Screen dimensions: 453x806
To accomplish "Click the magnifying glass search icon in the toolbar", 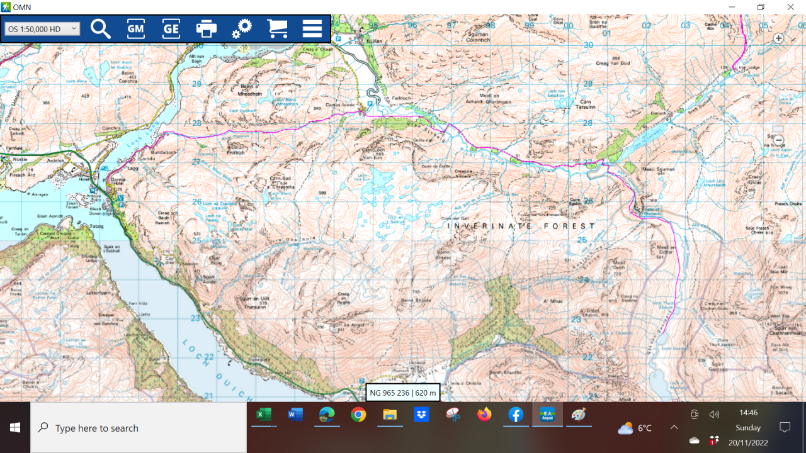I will pos(101,29).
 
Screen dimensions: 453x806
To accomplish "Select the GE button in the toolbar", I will pos(171,29).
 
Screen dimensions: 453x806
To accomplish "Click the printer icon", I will pos(206,29).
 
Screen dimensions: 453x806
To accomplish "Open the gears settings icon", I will pos(241,29).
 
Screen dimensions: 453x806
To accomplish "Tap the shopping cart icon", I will pos(277,29).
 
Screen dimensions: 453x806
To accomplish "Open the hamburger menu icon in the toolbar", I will pos(312,29).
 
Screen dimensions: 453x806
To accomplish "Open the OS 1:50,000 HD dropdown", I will pos(42,29).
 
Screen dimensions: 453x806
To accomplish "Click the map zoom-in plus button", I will pos(778,38).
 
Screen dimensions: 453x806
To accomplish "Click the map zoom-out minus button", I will pos(778,140).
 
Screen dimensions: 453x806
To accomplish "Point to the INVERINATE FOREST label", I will pos(521,226).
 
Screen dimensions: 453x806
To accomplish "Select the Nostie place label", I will pos(20,160).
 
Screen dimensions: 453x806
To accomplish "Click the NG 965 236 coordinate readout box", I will pos(403,393).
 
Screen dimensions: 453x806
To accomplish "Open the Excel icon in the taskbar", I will pos(263,415).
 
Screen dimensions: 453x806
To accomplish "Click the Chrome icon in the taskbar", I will pos(358,415).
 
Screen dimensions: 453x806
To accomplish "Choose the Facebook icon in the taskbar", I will pos(516,415).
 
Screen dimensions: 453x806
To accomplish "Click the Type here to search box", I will pos(139,428).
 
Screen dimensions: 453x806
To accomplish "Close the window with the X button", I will pos(790,7).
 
